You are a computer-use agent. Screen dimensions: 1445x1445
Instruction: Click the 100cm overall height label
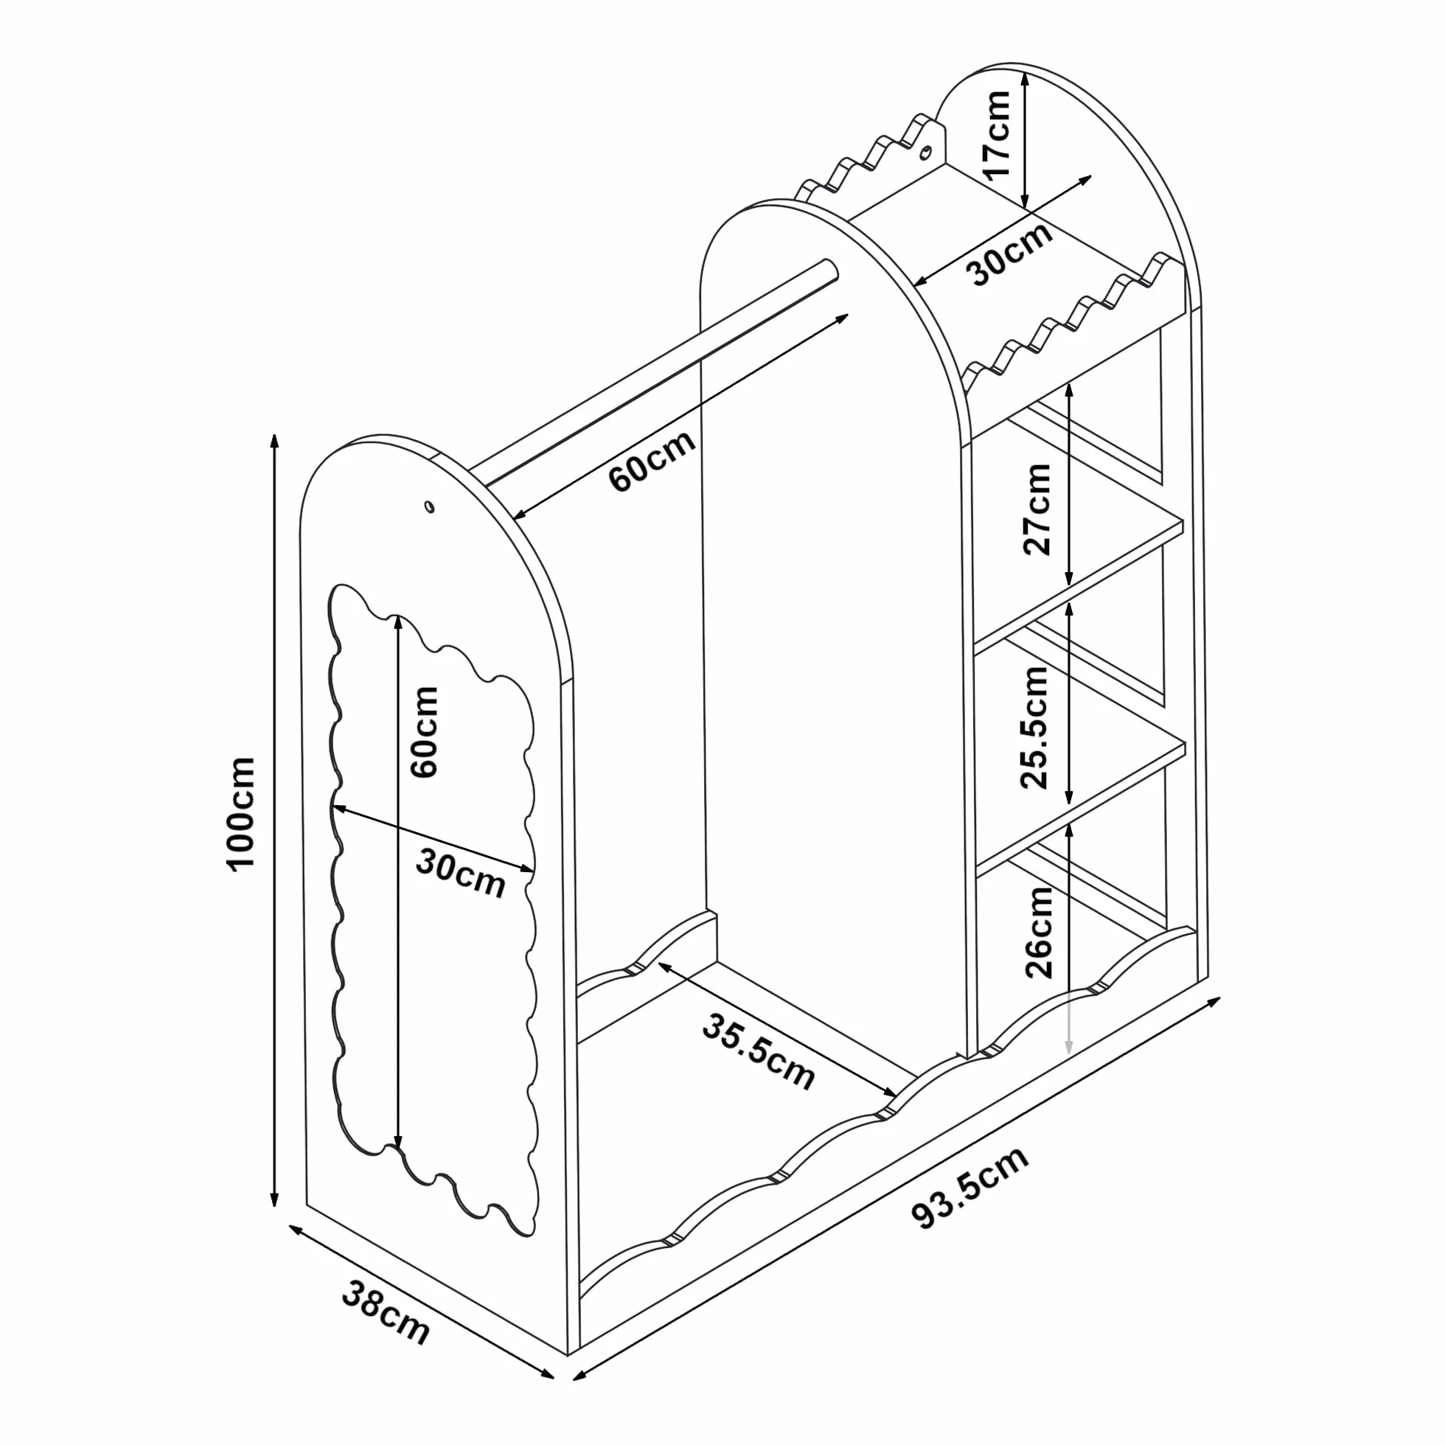coord(241,813)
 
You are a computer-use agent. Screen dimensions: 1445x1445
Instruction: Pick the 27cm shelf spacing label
coord(1037,509)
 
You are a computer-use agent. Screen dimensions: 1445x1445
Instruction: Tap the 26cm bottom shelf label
coord(1039,932)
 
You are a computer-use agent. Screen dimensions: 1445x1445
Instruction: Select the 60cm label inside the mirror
coord(423,732)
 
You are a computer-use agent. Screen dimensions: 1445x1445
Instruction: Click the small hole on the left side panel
coord(428,507)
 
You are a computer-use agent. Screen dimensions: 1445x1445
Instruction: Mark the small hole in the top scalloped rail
coord(926,153)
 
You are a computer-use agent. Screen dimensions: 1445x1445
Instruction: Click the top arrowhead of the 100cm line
coord(275,442)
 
